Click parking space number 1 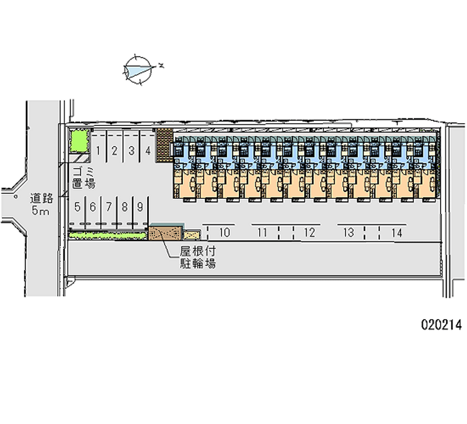[x=99, y=151]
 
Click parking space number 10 [x=224, y=233]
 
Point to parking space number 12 [x=309, y=233]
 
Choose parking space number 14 [x=397, y=233]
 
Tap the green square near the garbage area [x=78, y=143]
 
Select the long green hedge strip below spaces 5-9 [x=108, y=234]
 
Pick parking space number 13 [x=348, y=233]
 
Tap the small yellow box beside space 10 [x=193, y=234]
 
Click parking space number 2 [x=115, y=151]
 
